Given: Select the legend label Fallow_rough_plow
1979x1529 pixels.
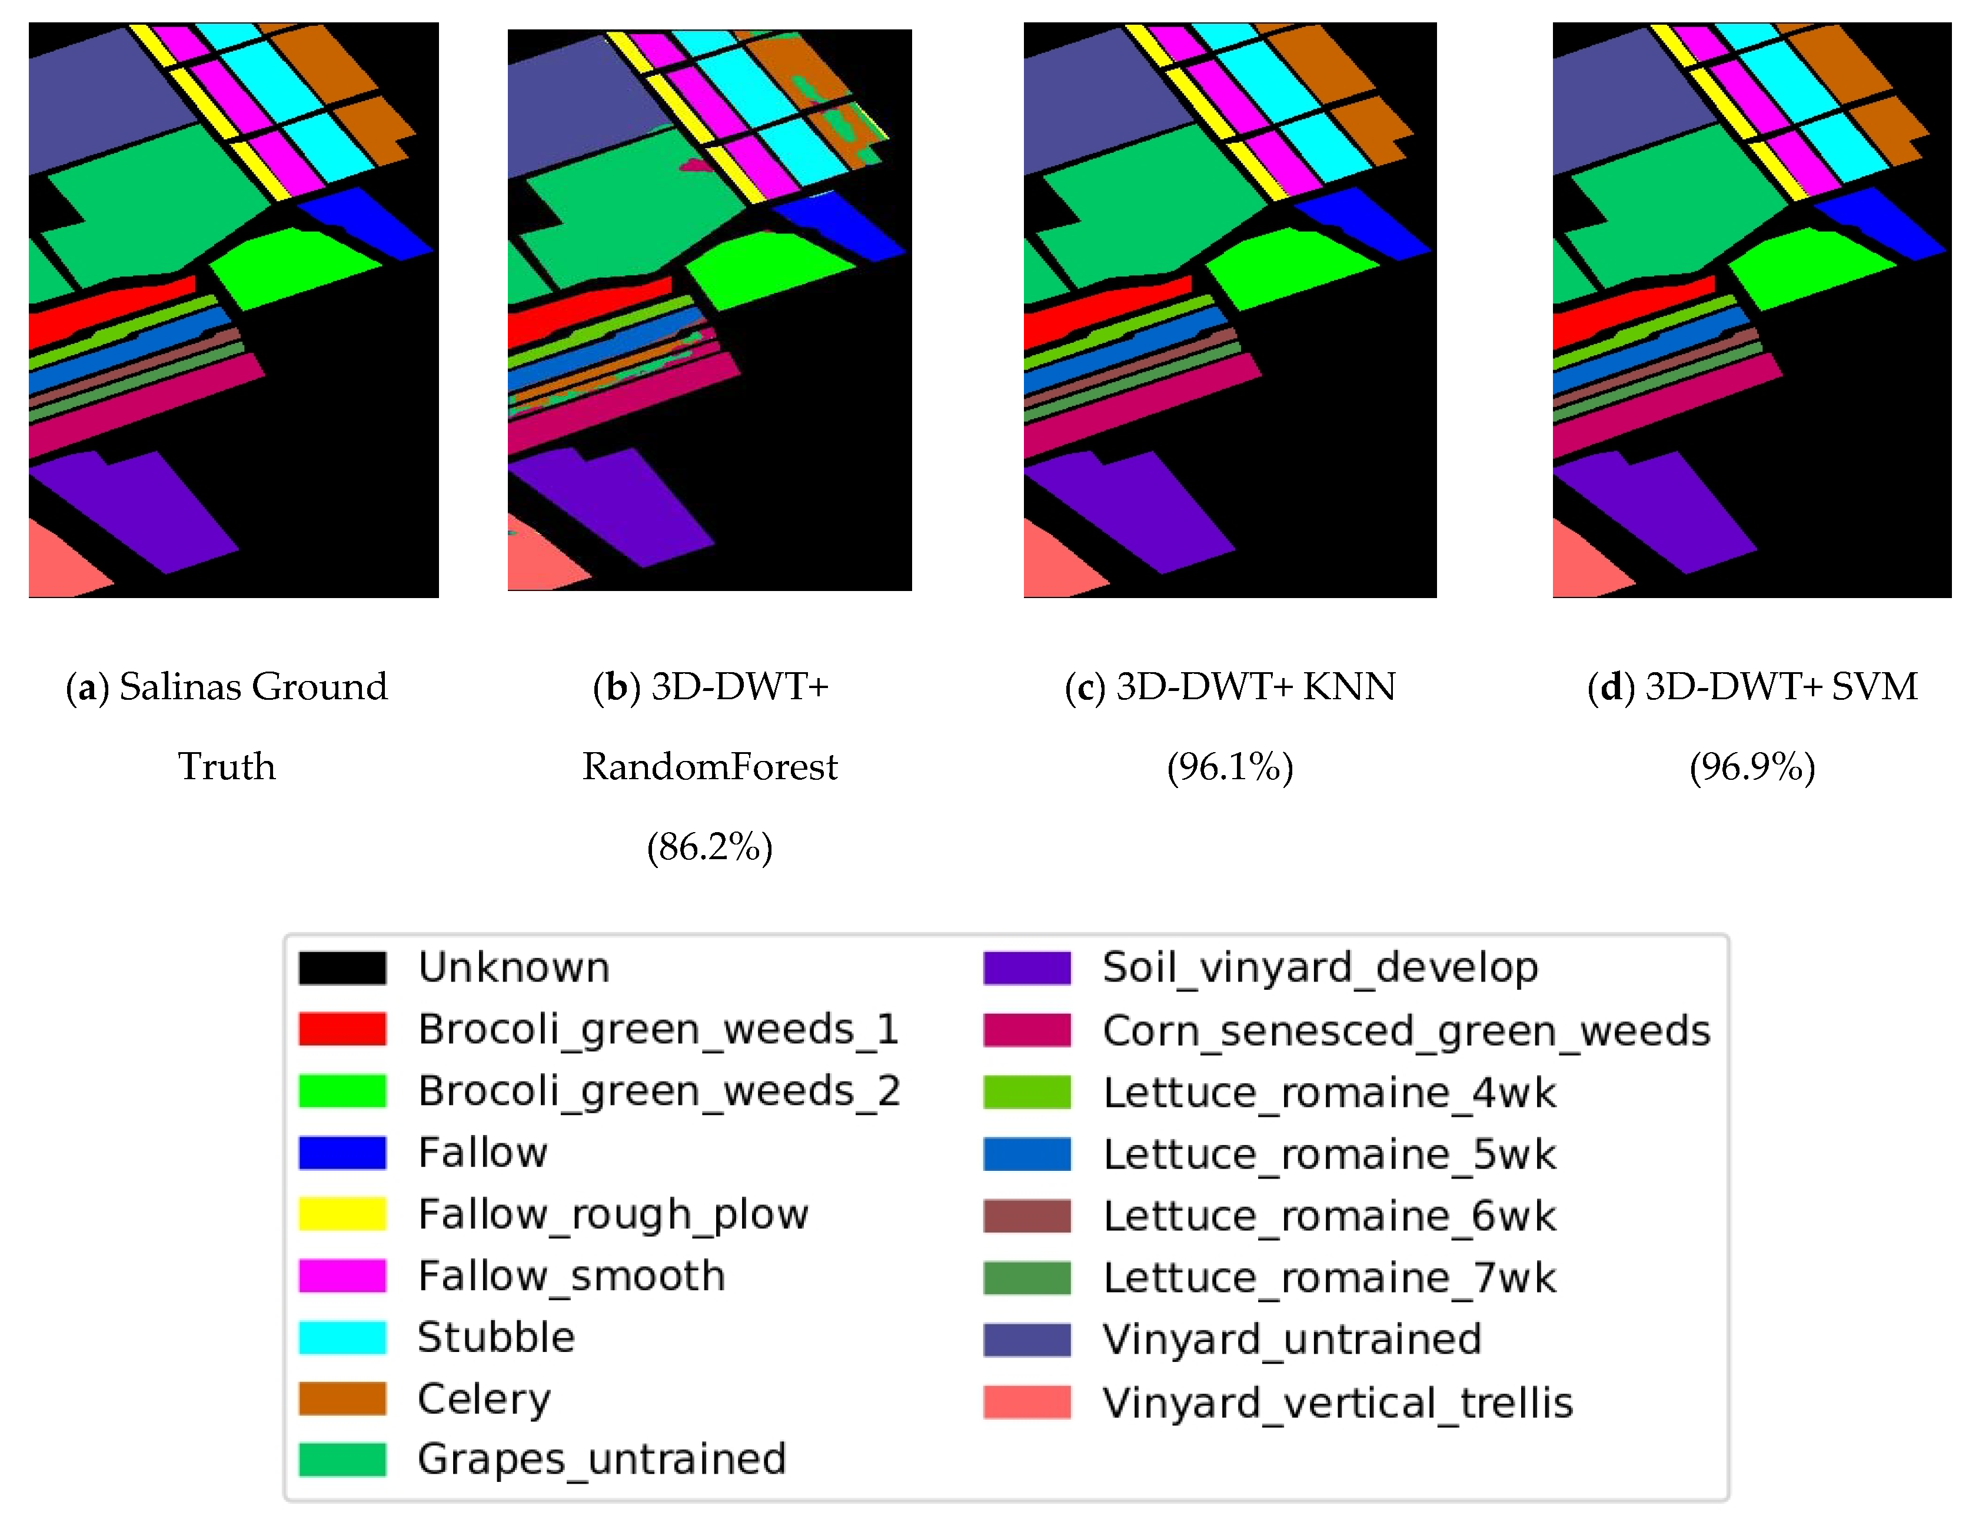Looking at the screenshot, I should click(613, 1214).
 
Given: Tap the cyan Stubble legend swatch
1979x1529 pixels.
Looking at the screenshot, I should click(342, 1337).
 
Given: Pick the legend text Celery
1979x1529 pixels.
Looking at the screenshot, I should click(484, 1400).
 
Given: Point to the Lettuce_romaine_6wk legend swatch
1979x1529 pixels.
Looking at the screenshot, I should click(1027, 1216).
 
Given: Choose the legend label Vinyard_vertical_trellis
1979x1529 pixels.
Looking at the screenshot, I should click(1338, 1402).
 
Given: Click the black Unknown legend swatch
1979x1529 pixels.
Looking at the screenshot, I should click(342, 967).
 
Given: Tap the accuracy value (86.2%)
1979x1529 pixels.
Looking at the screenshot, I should click(710, 847).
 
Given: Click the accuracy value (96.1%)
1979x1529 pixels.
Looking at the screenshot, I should click(1230, 767).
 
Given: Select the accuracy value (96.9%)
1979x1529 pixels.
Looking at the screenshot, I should click(1752, 767).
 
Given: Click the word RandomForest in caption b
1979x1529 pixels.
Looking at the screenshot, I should click(710, 767).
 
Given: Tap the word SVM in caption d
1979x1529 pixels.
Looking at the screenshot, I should click(1874, 687).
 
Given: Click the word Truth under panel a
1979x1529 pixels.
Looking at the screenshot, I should click(227, 767).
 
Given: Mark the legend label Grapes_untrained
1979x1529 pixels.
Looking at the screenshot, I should click(601, 1459).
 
